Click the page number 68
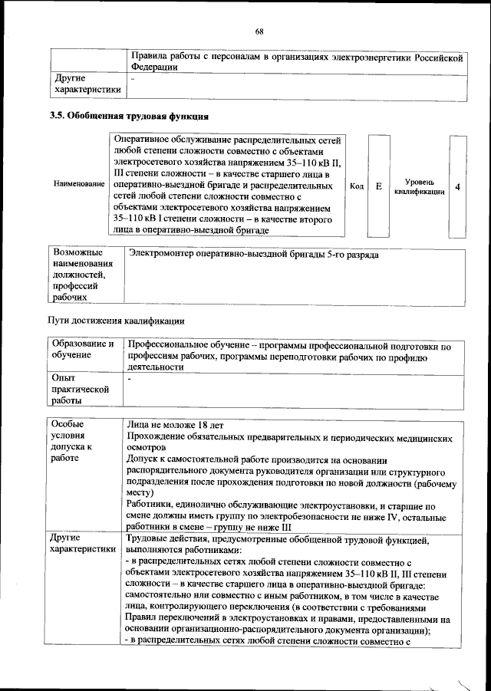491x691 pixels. click(259, 31)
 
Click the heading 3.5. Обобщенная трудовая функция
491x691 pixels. click(129, 117)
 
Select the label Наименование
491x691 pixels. click(79, 185)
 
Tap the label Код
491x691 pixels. click(356, 186)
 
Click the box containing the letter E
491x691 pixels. click(379, 186)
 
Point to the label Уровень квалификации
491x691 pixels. click(420, 186)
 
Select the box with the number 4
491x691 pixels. click(458, 186)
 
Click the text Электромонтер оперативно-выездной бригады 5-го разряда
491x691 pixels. click(254, 253)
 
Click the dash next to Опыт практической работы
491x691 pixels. click(130, 378)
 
